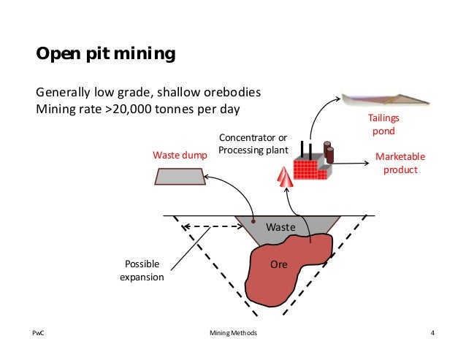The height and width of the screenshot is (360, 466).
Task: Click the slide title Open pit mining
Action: (x=106, y=55)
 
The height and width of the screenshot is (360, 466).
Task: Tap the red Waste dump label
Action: (x=180, y=156)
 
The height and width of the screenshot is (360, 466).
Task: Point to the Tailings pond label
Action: (x=382, y=124)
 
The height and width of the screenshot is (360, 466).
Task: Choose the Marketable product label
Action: (x=400, y=164)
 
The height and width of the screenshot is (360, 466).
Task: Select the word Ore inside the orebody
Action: (x=279, y=265)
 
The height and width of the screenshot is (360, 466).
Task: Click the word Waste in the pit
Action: (x=280, y=227)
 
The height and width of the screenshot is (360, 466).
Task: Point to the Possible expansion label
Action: (x=142, y=270)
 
